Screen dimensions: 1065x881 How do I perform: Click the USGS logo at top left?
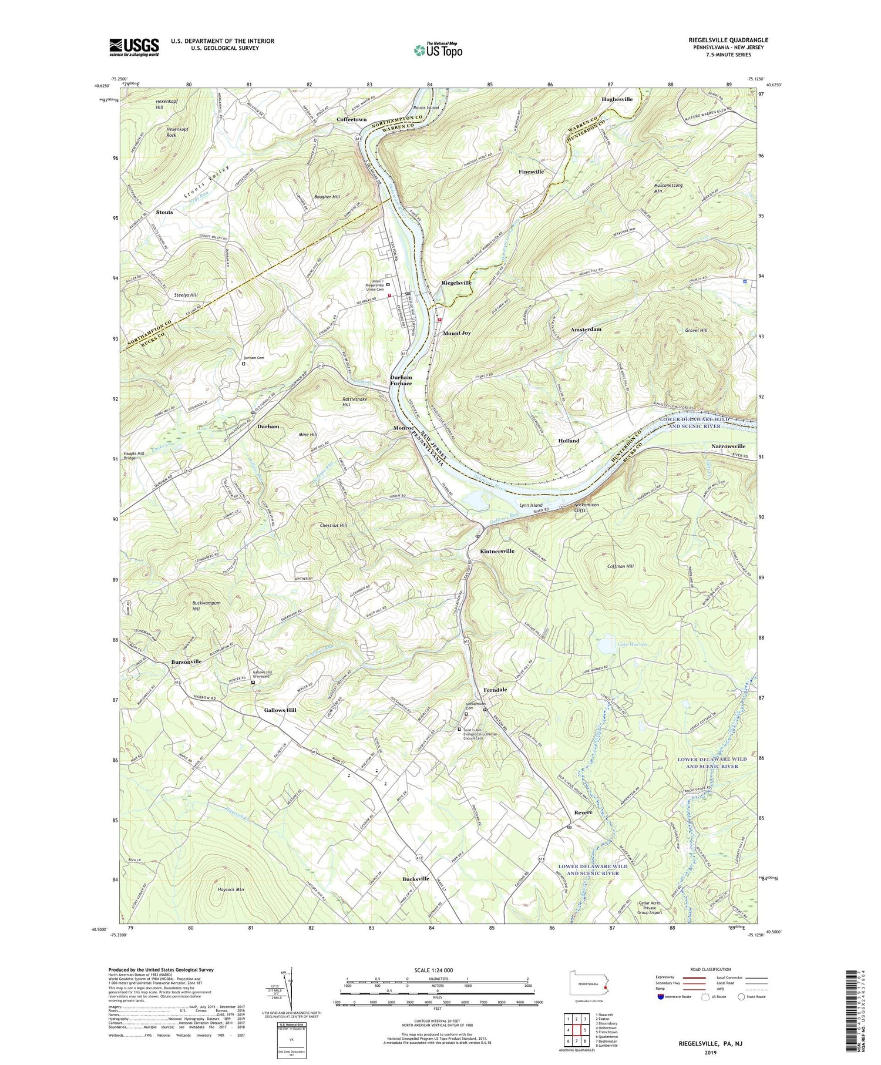[134, 47]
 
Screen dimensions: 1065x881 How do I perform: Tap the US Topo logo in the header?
[438, 51]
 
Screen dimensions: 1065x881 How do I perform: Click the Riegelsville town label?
[456, 283]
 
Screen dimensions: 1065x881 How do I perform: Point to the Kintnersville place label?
[497, 551]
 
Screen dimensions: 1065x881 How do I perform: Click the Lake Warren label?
[632, 644]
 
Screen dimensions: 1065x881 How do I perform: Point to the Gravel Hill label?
[696, 330]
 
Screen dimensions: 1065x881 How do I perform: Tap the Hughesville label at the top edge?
[617, 99]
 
